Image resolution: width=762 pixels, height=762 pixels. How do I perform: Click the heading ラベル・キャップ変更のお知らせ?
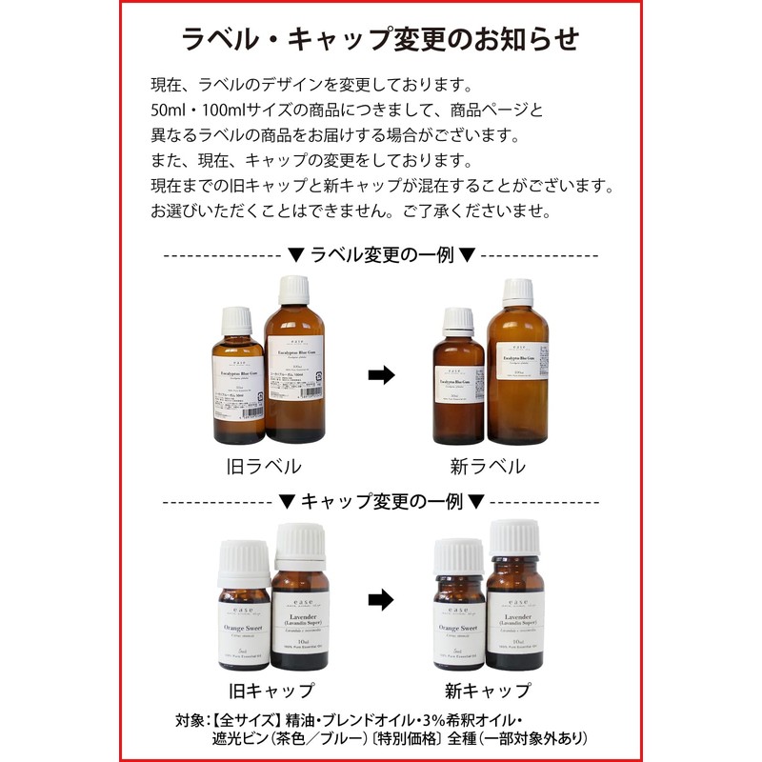[x=380, y=39]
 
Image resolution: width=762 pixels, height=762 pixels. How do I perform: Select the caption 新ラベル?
[x=488, y=466]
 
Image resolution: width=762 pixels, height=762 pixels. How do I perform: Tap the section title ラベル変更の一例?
[x=380, y=255]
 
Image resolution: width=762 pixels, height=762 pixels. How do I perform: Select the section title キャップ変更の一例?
[x=380, y=500]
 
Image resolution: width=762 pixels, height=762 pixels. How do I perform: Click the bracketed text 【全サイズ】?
[x=228, y=719]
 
